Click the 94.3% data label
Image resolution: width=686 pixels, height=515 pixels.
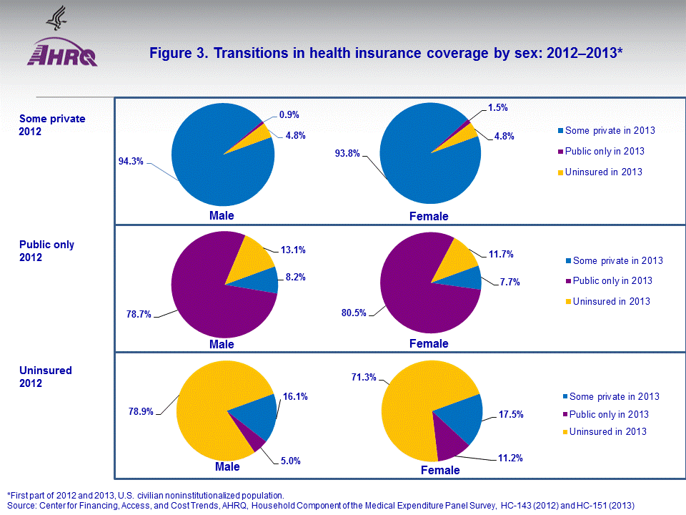pyautogui.click(x=131, y=162)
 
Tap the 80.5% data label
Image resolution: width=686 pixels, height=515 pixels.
pyautogui.click(x=353, y=313)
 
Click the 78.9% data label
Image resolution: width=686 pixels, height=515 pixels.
pyautogui.click(x=143, y=412)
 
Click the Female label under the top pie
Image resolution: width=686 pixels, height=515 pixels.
pyautogui.click(x=428, y=216)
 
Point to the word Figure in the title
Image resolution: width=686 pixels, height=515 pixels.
pyautogui.click(x=169, y=54)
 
